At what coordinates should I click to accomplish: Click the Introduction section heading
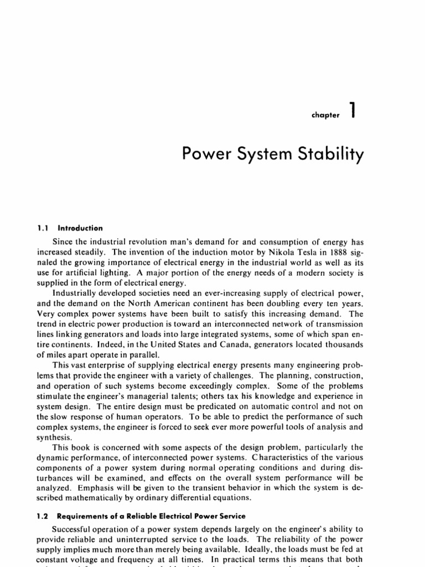[x=81, y=228]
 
